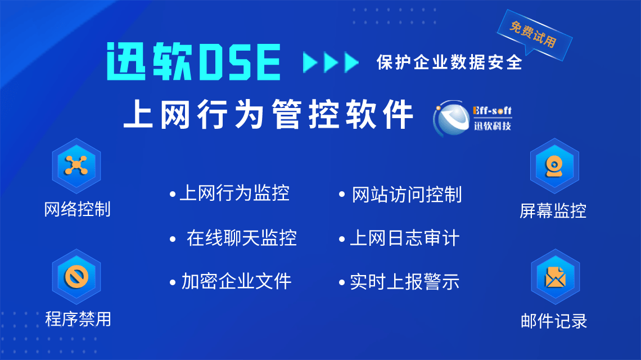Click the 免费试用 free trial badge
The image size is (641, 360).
point(534,34)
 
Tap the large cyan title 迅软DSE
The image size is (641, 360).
point(194,61)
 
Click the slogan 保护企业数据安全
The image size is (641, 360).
point(449,62)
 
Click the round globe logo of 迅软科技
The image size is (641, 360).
point(452,118)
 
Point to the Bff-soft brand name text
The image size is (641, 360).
point(492,110)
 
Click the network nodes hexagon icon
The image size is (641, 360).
point(76,166)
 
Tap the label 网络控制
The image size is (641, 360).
point(77,209)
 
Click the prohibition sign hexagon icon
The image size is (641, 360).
point(76,277)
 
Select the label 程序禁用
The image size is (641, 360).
point(78,319)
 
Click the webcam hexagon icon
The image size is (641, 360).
point(554,166)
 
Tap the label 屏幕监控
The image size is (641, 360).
point(553,211)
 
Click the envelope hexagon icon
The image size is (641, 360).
point(555,277)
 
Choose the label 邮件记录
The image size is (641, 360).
point(554,321)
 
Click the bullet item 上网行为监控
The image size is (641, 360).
point(234,193)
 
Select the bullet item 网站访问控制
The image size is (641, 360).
point(407,195)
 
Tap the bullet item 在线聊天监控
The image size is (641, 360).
point(242,238)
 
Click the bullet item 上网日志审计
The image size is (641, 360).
point(405,238)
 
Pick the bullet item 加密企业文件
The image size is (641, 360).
point(236,281)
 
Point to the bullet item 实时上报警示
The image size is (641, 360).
point(405,282)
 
